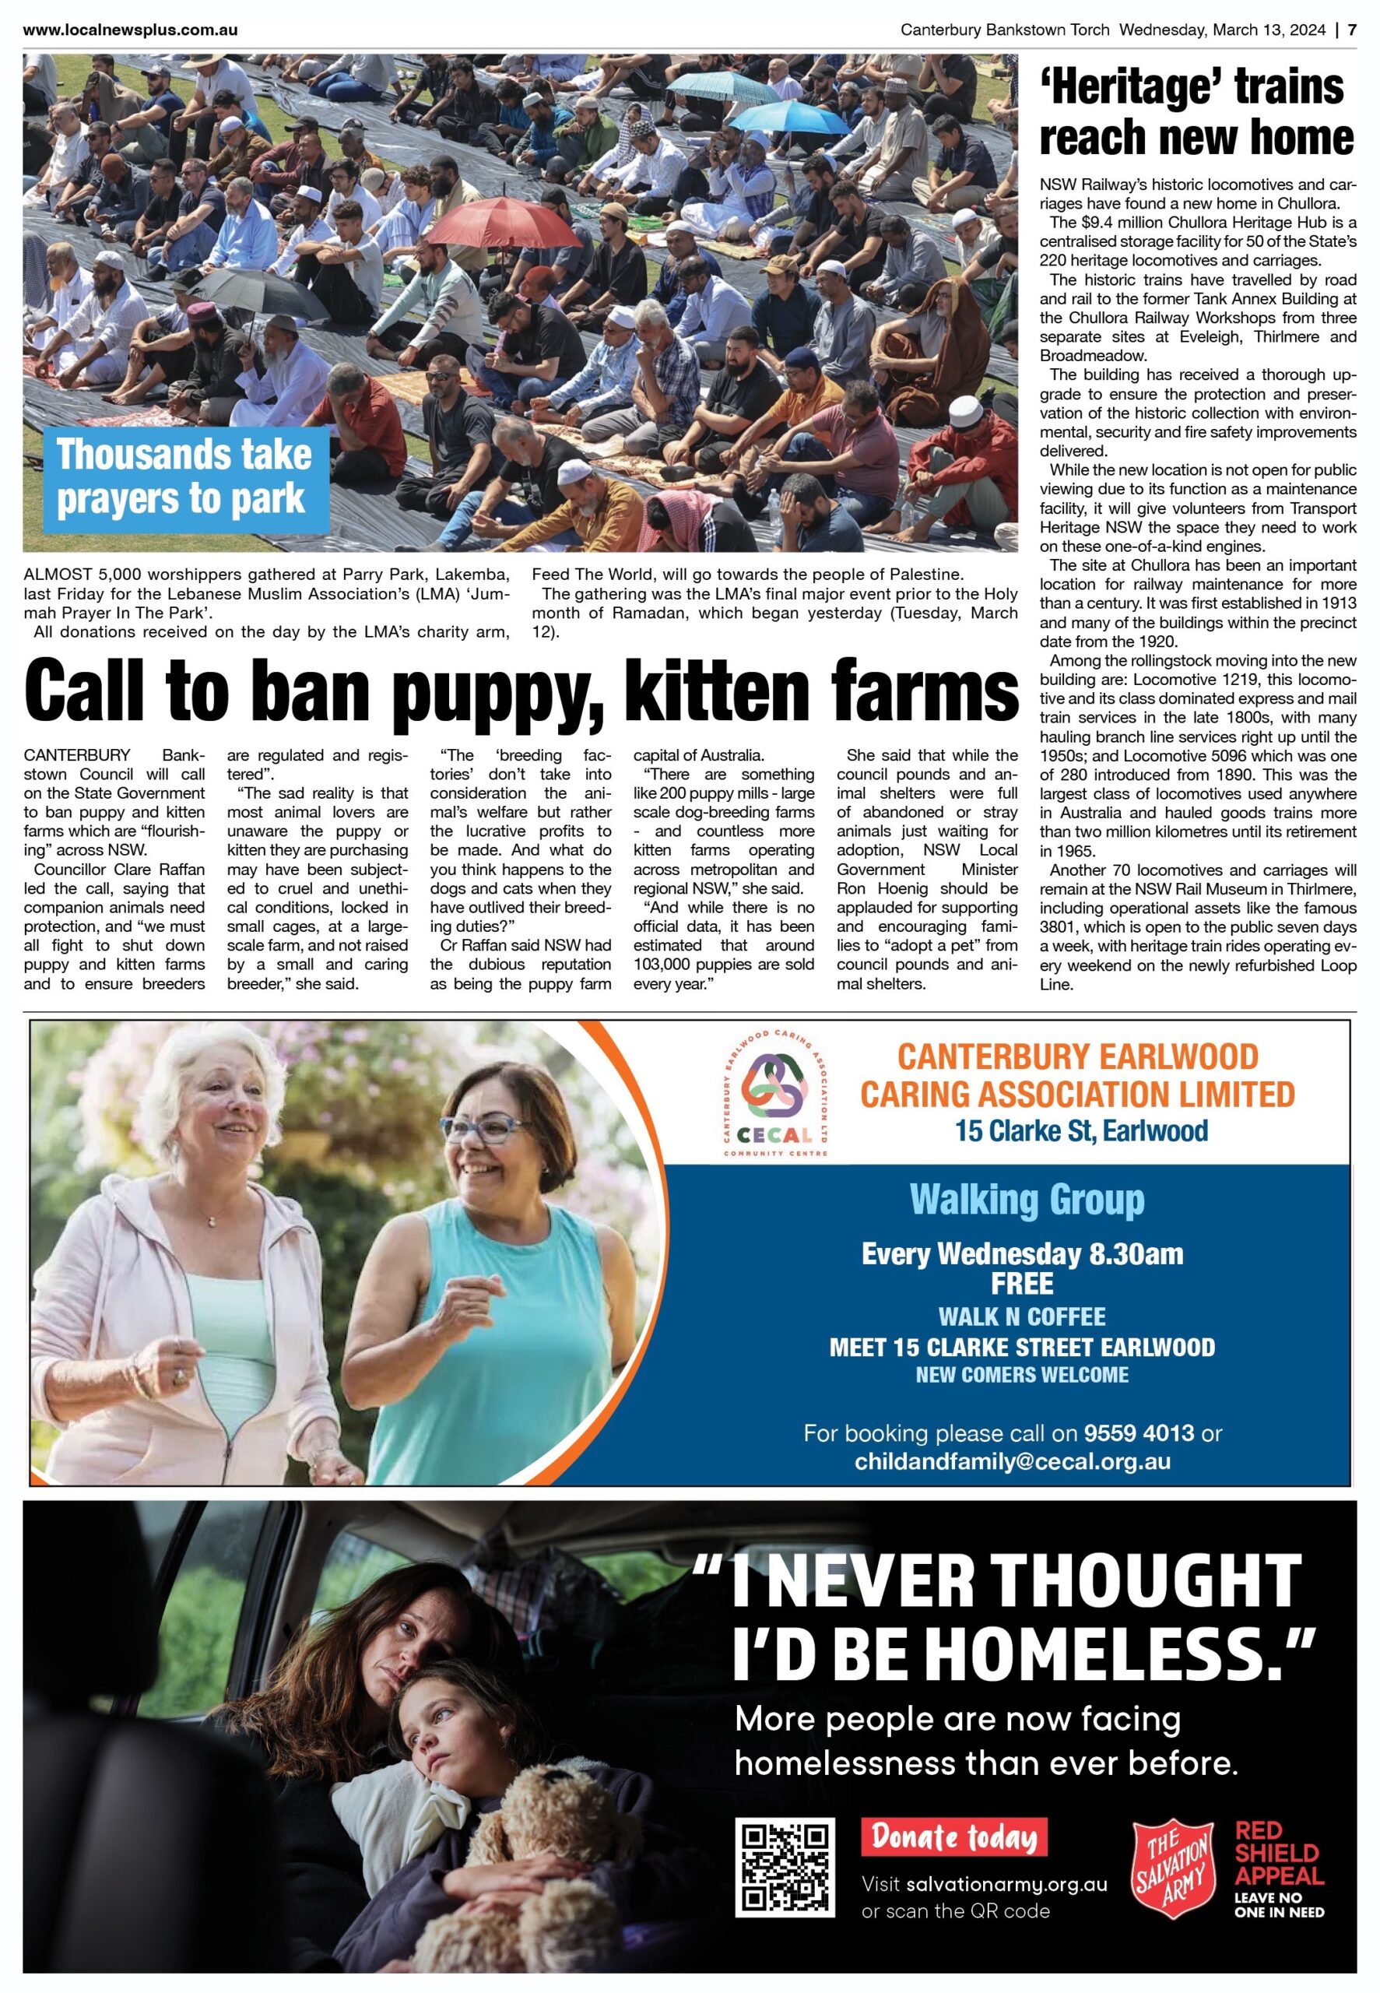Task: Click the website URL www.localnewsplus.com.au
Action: [x=131, y=30]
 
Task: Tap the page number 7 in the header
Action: [x=1351, y=30]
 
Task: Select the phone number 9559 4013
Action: [x=1139, y=1432]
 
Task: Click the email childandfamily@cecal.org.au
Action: [x=1013, y=1462]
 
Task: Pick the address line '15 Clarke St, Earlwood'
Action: [x=1081, y=1131]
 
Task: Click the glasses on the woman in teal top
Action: [x=484, y=1128]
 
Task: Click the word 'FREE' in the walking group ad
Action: [x=1022, y=1284]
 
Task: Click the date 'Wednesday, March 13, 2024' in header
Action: [x=1222, y=30]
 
